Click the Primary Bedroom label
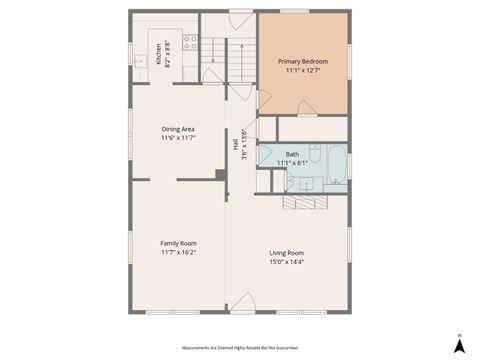tap(302, 61)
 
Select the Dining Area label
tap(178, 129)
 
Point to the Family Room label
tap(179, 243)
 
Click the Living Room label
tap(287, 253)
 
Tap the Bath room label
tap(292, 154)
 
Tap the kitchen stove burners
tap(189, 43)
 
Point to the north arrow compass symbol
tap(458, 344)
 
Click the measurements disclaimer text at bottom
tap(239, 346)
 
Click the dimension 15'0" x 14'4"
tap(287, 262)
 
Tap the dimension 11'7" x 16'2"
tap(179, 252)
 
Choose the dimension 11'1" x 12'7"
tap(302, 71)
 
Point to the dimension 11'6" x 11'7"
tap(178, 138)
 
